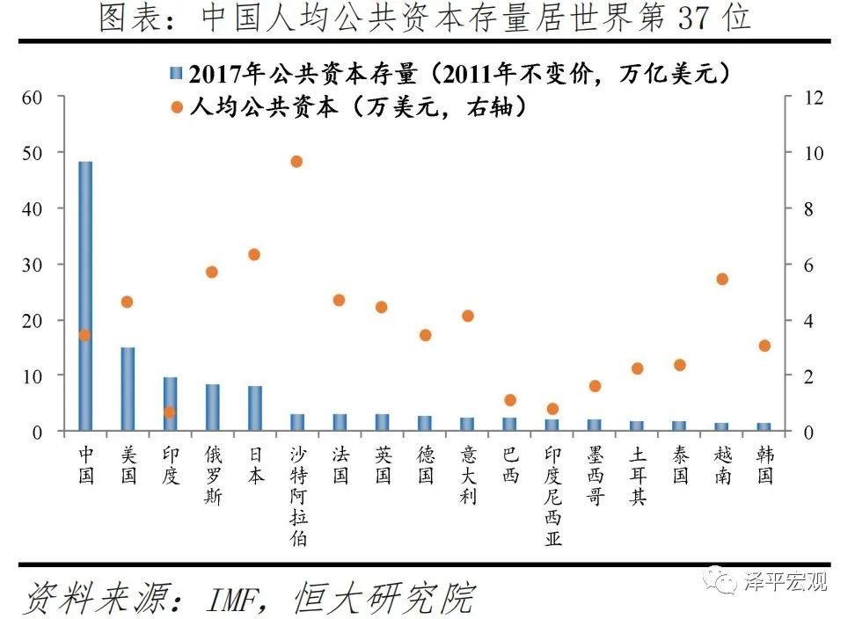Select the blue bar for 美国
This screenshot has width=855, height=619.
tap(128, 389)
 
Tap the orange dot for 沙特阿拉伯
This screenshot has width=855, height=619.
tap(296, 161)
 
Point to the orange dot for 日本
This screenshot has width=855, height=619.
tap(254, 254)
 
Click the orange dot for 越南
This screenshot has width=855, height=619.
tap(722, 279)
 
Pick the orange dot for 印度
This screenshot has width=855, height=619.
tap(170, 411)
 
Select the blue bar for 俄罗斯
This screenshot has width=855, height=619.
tap(212, 407)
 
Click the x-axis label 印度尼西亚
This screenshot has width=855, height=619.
tap(552, 495)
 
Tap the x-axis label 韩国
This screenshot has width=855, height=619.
tap(764, 465)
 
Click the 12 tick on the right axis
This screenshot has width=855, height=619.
tap(813, 97)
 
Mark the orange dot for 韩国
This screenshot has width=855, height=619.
tap(764, 346)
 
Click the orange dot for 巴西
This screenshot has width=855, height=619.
tap(510, 400)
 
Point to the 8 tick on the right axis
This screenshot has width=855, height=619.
tap(808, 208)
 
